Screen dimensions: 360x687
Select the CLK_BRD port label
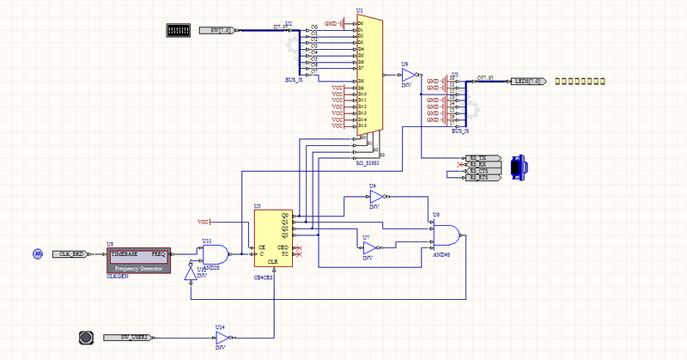70,254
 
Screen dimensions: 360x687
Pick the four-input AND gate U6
444,234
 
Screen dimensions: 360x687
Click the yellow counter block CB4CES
272,238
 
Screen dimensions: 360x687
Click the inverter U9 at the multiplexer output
408,76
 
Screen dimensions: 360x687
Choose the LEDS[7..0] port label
526,81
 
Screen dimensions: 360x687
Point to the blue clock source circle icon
38,254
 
